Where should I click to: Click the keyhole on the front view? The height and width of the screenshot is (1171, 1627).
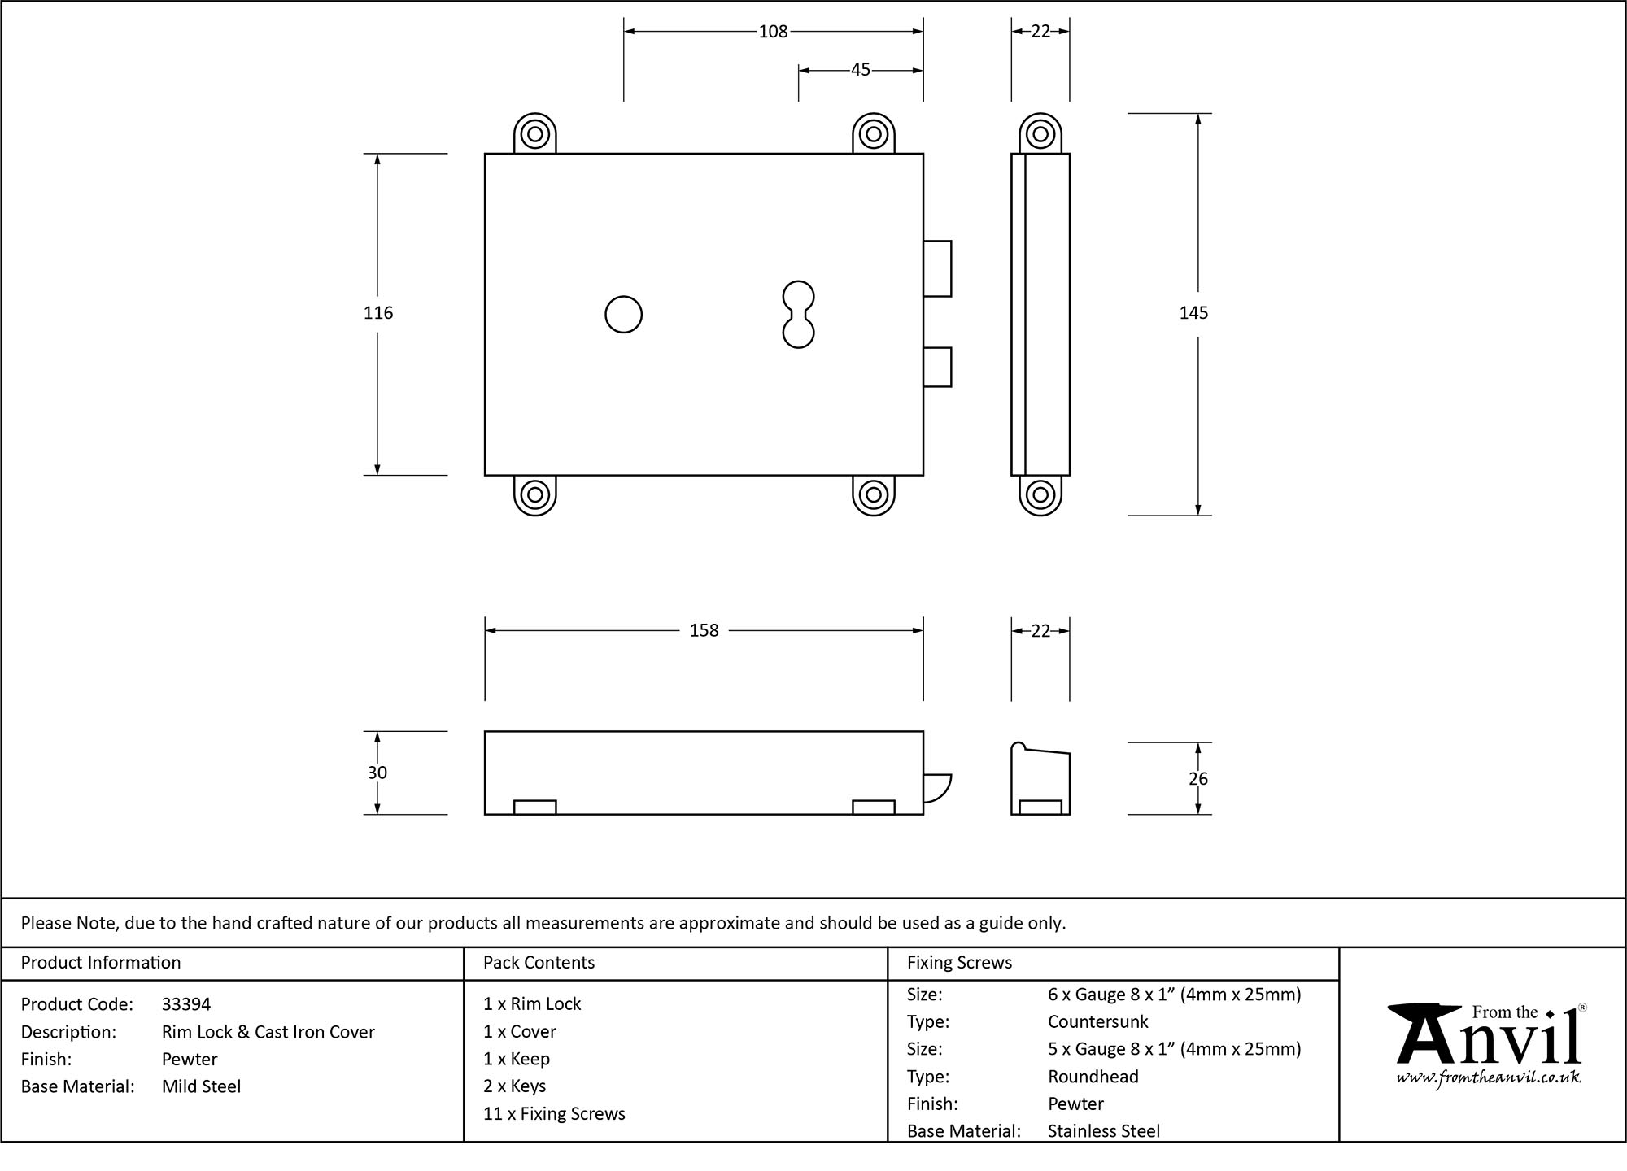coord(798,315)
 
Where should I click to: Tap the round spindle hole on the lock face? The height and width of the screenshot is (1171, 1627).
coord(624,315)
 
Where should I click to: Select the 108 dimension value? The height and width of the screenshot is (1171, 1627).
coord(773,32)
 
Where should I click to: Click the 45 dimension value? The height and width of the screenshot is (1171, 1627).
coord(861,71)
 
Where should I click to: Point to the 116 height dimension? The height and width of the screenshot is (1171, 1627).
coord(378,313)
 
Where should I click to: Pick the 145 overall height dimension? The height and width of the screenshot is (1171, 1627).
coord(1194,313)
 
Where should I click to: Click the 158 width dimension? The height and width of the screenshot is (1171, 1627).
coord(704,631)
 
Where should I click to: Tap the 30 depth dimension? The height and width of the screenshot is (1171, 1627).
coord(377,773)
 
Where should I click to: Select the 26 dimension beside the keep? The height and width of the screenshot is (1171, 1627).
coord(1198,779)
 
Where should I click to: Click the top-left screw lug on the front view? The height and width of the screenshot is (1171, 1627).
coord(535,133)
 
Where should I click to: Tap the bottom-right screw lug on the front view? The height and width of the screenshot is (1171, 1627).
coord(874,494)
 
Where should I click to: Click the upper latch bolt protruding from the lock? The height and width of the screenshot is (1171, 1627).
coord(937,268)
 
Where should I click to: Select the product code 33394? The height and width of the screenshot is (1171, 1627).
coord(186,1004)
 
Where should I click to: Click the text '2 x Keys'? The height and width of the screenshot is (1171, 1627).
coord(514,1086)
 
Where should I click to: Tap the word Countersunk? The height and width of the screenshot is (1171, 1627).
coord(1098,1021)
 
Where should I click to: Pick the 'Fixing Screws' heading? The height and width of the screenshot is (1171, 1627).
coord(960,963)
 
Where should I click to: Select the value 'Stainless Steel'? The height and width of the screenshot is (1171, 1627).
coord(1104,1131)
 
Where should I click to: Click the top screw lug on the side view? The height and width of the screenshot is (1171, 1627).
coord(1040,133)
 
